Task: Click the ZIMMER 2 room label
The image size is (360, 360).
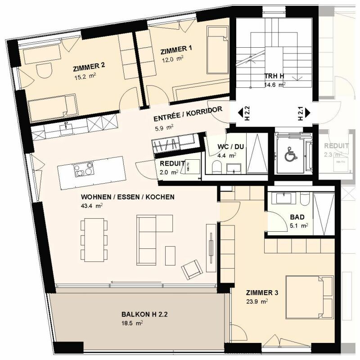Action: [89, 65]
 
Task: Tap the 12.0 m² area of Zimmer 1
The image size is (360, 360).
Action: [173, 58]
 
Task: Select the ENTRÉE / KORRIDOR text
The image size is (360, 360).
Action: [188, 115]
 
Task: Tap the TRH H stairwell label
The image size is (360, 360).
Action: [274, 76]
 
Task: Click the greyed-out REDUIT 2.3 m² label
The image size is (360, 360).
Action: [336, 150]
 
